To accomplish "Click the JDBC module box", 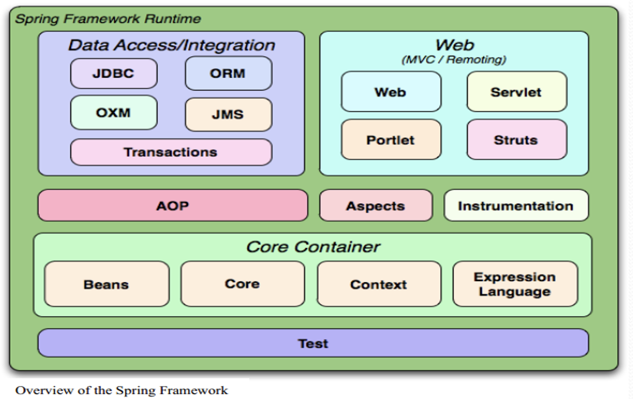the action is point(114,74).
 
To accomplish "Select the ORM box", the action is point(228,73).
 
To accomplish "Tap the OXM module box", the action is point(114,112).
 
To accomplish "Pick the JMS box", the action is point(228,115).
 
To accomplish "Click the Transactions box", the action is point(171,152).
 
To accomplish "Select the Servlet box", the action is point(517,92).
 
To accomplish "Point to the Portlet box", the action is point(391,139).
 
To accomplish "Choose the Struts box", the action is point(517,139).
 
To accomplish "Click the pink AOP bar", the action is point(173,205).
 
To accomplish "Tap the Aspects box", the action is point(376,205).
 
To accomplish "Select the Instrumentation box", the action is point(516,205).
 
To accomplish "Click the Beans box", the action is point(107,284).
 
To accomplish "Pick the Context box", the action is point(379,284).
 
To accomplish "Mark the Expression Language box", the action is point(515,284).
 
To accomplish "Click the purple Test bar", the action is point(314,343).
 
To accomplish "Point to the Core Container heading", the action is point(313,247).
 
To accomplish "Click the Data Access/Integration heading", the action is point(171,45).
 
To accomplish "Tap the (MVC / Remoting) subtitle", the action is point(454,60).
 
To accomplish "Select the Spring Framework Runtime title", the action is point(108,19).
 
